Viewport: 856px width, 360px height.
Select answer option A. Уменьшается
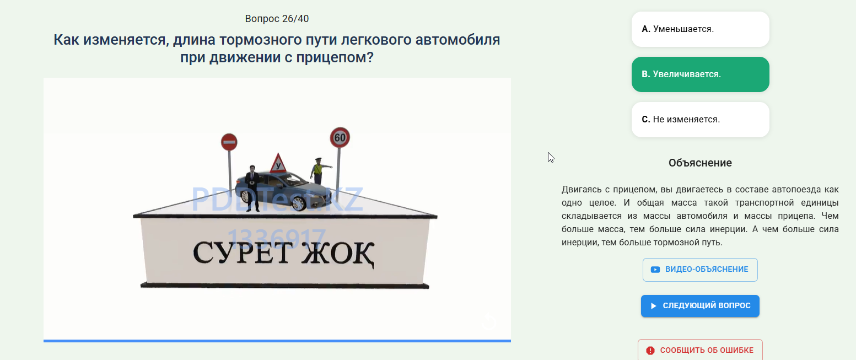point(700,29)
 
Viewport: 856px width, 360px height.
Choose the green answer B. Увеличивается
point(700,74)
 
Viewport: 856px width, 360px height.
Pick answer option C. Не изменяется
point(700,119)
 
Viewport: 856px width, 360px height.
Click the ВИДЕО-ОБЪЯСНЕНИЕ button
point(700,270)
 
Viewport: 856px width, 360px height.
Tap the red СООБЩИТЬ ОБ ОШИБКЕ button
point(700,350)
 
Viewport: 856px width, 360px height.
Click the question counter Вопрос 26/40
point(277,19)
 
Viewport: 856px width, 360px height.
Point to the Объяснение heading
point(700,163)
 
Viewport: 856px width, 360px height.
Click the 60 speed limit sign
point(340,138)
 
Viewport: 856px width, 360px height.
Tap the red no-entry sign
point(229,142)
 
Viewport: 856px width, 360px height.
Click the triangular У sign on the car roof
point(278,164)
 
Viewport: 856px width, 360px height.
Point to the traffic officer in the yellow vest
point(319,171)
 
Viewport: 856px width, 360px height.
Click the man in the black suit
point(252,188)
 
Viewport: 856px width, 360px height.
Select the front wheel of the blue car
point(298,203)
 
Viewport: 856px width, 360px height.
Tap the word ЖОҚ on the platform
point(338,254)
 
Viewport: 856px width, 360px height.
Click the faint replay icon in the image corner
point(489,322)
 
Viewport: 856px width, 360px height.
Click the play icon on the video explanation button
point(655,270)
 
